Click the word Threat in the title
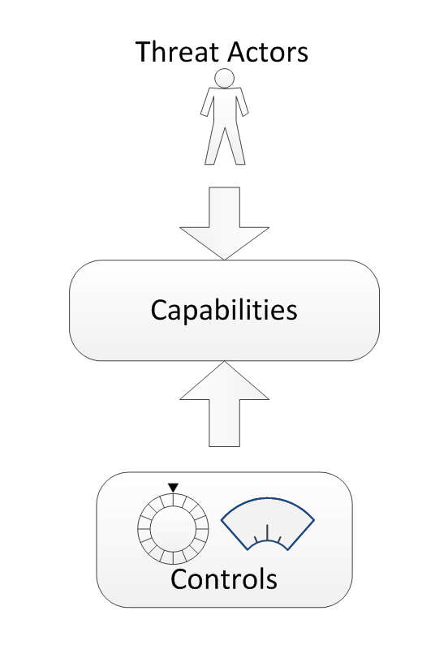179,52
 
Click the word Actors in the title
268,52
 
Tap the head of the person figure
224,79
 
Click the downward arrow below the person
224,223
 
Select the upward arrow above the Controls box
224,404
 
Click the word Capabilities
224,310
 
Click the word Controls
224,579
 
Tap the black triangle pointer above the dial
173,488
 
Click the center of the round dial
173,529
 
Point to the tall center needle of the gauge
268,533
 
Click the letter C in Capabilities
159,310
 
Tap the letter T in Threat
144,52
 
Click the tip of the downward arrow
224,260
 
